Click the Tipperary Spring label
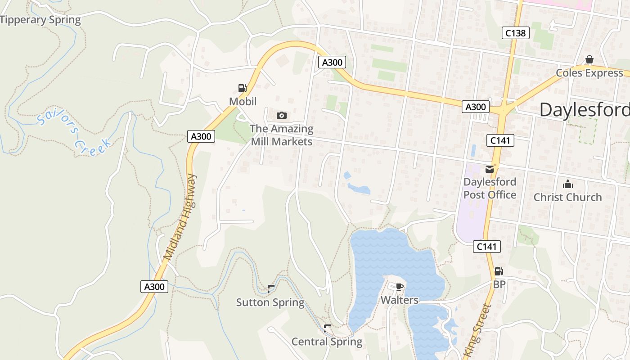[x=40, y=20]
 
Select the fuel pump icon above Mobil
[x=243, y=88]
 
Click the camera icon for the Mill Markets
[x=282, y=116]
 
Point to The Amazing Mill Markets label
[x=282, y=135]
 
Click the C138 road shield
[x=516, y=33]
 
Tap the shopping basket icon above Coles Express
[x=589, y=60]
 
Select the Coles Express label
[x=589, y=73]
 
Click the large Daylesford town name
[x=584, y=110]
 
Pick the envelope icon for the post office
[x=490, y=169]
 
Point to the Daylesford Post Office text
[x=490, y=189]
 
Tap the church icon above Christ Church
[x=567, y=184]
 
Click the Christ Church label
[x=567, y=197]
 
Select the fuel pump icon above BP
[x=499, y=271]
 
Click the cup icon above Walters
[x=399, y=287]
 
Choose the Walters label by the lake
[x=400, y=300]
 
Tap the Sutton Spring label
[x=270, y=302]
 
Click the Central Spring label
[x=327, y=342]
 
